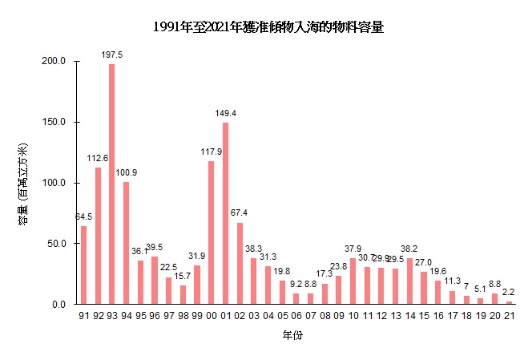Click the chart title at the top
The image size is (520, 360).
pos(268,27)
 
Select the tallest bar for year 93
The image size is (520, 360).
pos(111,184)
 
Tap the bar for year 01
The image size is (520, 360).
pos(225,213)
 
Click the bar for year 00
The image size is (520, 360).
pos(211,233)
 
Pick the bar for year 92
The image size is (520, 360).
pos(98,236)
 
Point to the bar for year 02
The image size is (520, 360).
pos(240,263)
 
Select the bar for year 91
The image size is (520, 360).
pos(83,265)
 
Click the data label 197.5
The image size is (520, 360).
pos(111,55)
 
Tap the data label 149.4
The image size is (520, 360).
pos(225,113)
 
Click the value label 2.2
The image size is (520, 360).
pos(508,292)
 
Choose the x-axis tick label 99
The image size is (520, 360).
pos(197,317)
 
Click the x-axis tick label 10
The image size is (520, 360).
pos(353,317)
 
